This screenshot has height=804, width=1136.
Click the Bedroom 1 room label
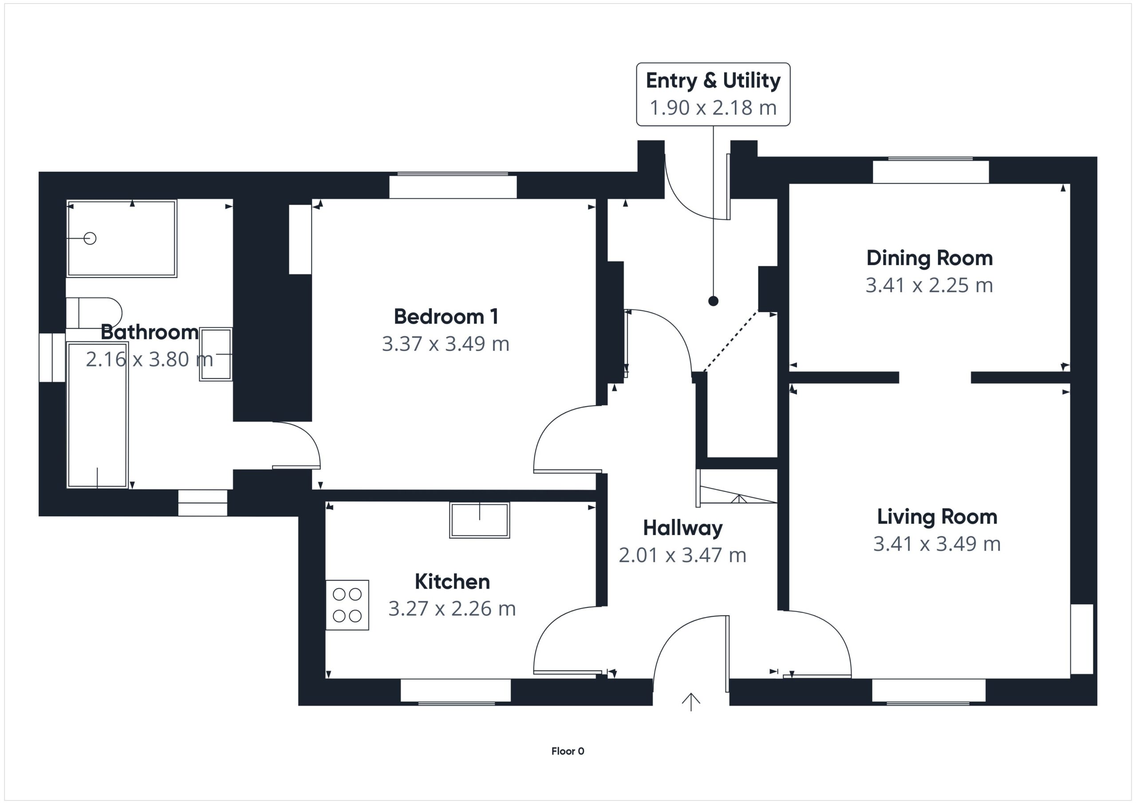point(446,317)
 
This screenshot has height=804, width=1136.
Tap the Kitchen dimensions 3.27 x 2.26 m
point(452,609)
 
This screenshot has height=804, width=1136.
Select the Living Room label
point(937,517)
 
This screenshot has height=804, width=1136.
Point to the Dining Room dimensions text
point(929,285)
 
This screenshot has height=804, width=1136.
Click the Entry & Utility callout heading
point(713,80)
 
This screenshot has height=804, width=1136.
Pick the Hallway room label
point(683,528)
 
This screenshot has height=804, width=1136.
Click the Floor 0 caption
point(568,751)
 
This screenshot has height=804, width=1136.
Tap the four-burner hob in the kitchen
point(347,605)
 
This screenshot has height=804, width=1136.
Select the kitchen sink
point(479,520)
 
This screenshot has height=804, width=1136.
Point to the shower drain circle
point(90,239)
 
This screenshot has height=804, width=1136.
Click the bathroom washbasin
point(216,354)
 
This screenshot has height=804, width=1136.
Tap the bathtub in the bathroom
point(98,415)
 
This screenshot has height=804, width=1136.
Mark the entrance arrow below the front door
point(691,702)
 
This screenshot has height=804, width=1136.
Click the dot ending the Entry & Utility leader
point(713,301)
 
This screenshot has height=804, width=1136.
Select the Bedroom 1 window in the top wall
point(453,186)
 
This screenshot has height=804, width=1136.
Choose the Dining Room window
point(931,171)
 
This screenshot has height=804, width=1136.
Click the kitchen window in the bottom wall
point(456,691)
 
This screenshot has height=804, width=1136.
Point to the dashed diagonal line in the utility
point(731,341)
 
